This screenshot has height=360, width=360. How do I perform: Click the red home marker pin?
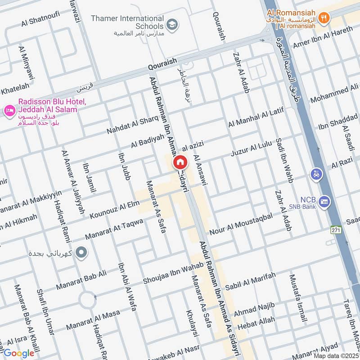tap(180, 162)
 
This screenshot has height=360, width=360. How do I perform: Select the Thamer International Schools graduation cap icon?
tap(171, 23)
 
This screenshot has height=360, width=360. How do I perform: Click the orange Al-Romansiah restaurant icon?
tap(323, 18)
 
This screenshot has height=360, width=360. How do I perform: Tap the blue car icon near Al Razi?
tap(316, 173)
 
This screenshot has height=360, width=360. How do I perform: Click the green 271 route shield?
tap(335, 229)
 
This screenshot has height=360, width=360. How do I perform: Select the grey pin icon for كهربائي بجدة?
tap(81, 253)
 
